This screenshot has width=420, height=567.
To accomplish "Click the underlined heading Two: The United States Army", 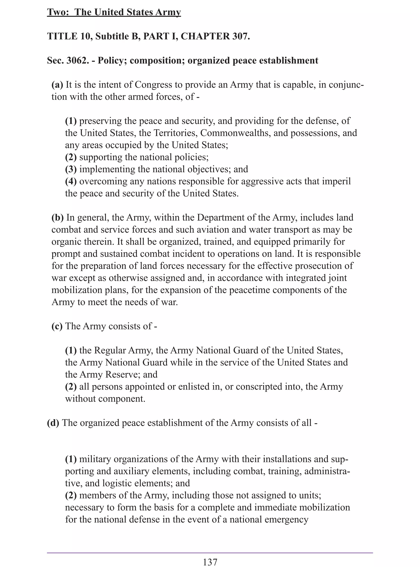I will pyautogui.click(x=114, y=12).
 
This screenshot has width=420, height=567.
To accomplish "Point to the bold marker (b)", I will pyautogui.click(x=57, y=218).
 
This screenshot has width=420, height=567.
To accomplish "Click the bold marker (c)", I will pyautogui.click(x=57, y=326).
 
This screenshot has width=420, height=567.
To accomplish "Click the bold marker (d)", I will pyautogui.click(x=53, y=423).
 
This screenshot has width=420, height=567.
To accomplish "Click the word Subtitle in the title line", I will pyautogui.click(x=112, y=36).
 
